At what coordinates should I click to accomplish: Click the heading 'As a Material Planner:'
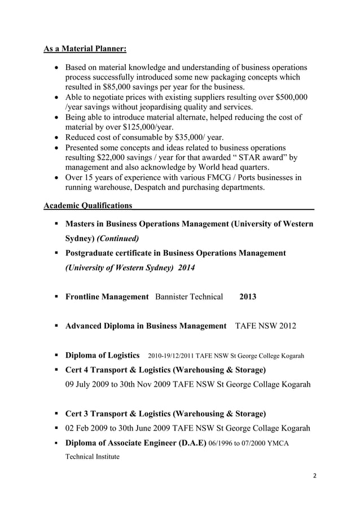[x=85, y=50]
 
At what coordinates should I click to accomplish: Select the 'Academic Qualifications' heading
[x=88, y=205]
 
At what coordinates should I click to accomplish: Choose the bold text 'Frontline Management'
[x=107, y=297]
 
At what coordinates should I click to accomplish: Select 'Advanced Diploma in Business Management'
[x=146, y=326]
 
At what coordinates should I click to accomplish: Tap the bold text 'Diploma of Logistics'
[x=103, y=356]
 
